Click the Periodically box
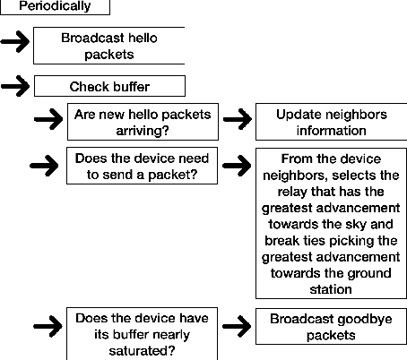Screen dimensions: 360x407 pyautogui.click(x=55, y=7)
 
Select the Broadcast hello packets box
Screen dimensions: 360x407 pyautogui.click(x=108, y=46)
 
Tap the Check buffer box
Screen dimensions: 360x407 pyautogui.click(x=109, y=87)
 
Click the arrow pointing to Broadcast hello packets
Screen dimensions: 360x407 pyautogui.click(x=16, y=42)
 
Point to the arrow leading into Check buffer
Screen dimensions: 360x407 pyautogui.click(x=16, y=87)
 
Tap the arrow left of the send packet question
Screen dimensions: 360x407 pyautogui.click(x=47, y=165)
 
